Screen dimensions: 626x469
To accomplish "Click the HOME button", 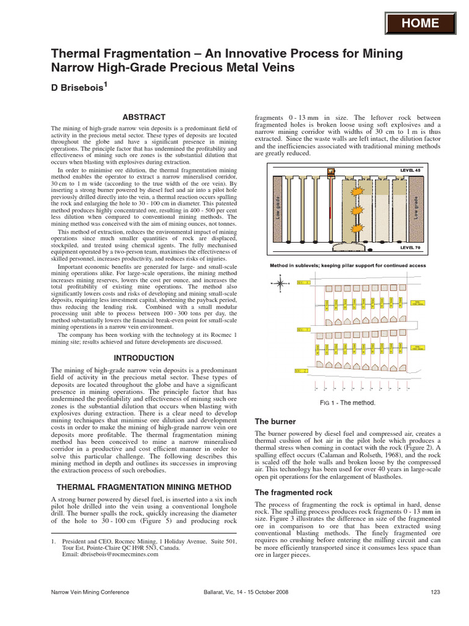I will [x=421, y=23].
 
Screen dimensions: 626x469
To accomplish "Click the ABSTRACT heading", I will [x=144, y=116].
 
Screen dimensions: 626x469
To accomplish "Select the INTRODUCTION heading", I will [x=144, y=358].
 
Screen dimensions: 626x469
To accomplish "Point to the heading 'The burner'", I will [x=275, y=421].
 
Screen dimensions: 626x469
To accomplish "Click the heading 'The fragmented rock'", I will [x=293, y=492].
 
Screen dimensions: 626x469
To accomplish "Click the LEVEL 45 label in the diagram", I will [x=410, y=169].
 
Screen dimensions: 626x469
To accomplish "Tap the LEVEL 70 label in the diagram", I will [x=410, y=248].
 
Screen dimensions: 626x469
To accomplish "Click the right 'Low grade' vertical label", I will [x=416, y=208].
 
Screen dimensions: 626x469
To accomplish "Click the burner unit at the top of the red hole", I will [x=331, y=171].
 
